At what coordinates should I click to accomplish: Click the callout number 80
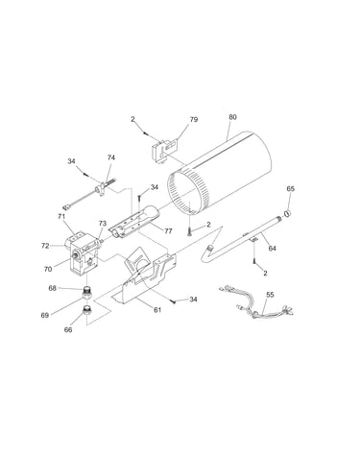tap(232, 117)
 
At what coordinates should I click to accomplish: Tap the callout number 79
tap(194, 119)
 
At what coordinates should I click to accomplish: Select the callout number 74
tap(111, 157)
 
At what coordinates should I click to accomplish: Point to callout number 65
tap(290, 189)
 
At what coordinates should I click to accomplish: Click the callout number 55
tap(271, 295)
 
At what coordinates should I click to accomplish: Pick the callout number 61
tap(157, 310)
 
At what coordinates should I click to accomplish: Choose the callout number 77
tap(168, 231)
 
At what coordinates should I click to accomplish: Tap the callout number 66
tap(68, 330)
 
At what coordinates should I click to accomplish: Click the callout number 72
tap(45, 246)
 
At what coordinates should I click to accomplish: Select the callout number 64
tap(272, 249)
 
